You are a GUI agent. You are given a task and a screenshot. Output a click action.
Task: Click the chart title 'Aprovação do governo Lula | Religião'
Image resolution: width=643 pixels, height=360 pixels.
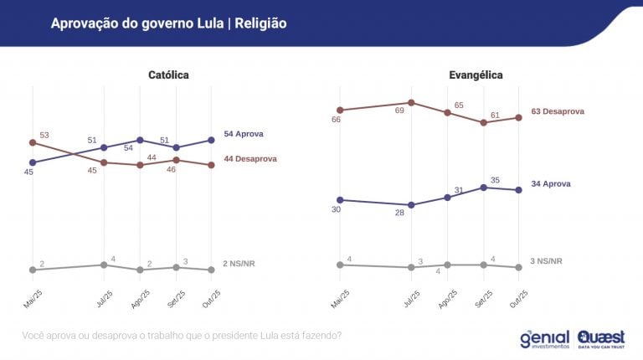click(x=168, y=23)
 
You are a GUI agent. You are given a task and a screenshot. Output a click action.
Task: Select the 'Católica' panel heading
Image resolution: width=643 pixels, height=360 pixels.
click(x=168, y=75)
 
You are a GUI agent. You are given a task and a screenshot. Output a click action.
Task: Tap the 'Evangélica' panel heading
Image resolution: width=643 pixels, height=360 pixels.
click(x=476, y=75)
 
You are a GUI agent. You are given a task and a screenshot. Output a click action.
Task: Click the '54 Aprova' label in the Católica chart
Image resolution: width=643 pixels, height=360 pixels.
click(x=244, y=134)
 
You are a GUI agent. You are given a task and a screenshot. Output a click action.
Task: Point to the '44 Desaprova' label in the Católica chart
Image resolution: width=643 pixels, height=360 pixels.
click(x=250, y=159)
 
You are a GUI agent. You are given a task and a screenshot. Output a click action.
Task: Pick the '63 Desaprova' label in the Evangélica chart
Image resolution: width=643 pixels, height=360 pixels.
click(x=558, y=111)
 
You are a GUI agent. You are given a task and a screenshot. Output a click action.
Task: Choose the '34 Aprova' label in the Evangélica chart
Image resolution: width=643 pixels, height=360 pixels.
click(x=552, y=183)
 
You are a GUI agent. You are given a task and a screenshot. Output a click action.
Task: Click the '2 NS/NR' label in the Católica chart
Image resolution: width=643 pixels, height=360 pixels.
click(x=239, y=264)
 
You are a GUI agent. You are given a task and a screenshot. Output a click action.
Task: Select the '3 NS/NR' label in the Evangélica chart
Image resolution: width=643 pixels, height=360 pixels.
click(x=547, y=261)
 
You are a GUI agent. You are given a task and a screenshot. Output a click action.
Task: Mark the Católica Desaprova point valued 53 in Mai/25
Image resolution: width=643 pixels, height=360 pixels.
click(x=33, y=143)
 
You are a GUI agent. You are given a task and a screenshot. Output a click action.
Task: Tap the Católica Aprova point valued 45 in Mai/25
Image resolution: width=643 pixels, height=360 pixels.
click(x=33, y=162)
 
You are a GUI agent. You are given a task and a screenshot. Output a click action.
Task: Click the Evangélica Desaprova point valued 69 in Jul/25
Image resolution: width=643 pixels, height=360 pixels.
click(x=411, y=103)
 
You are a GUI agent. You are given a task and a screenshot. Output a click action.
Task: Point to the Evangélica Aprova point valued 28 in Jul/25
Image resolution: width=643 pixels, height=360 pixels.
click(x=411, y=205)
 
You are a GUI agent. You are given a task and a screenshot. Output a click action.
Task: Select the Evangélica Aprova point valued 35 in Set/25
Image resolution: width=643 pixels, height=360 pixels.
click(x=483, y=188)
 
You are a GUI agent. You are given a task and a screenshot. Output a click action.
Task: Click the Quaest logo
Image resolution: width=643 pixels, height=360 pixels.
click(x=600, y=338)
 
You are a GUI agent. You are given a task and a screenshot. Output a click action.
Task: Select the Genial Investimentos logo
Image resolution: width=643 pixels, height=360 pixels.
click(x=544, y=338)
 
